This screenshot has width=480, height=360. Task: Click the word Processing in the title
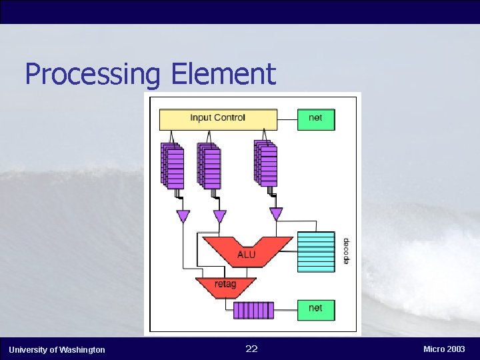pos(94,74)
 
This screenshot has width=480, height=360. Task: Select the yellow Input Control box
pos(218,119)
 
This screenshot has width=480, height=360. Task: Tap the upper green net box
pos(315,119)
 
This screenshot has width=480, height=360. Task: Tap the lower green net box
pos(315,309)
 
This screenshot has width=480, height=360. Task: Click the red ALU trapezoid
pos(246,251)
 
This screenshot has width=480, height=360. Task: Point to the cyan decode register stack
pos(315,251)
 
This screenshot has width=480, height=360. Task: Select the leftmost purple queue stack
pos(172,165)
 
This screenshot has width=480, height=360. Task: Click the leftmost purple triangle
pos(183,216)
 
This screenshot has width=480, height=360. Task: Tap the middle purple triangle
pos(219,216)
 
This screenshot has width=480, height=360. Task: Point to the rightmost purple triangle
pos(275,213)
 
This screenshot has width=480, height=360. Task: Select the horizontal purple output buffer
pos(253,310)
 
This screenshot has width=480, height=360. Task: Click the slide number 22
pos(251,349)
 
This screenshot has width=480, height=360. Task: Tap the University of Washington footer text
pos(57,349)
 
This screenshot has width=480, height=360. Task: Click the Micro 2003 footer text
pos(444,349)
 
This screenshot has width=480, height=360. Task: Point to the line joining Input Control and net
pos(287,120)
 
